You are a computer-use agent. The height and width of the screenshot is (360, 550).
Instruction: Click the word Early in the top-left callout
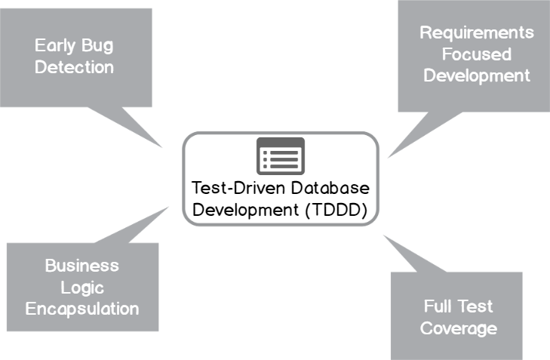54,45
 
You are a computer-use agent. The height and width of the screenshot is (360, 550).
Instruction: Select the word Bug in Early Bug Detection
96,45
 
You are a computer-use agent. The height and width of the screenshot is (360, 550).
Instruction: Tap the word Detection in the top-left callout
74,67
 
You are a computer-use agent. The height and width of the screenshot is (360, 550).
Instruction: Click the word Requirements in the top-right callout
476,32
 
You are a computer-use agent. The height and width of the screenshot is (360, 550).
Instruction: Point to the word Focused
476,54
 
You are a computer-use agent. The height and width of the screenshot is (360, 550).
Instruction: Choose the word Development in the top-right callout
476,75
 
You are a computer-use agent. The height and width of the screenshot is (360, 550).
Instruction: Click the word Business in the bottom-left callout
81,266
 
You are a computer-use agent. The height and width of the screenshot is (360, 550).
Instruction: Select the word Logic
81,288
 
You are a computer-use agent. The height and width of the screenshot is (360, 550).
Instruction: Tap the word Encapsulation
81,309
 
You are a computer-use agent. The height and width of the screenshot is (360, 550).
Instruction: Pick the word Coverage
458,328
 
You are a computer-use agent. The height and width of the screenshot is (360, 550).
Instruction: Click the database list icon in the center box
280,155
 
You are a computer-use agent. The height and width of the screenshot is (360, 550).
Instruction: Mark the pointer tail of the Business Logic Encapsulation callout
143,226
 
